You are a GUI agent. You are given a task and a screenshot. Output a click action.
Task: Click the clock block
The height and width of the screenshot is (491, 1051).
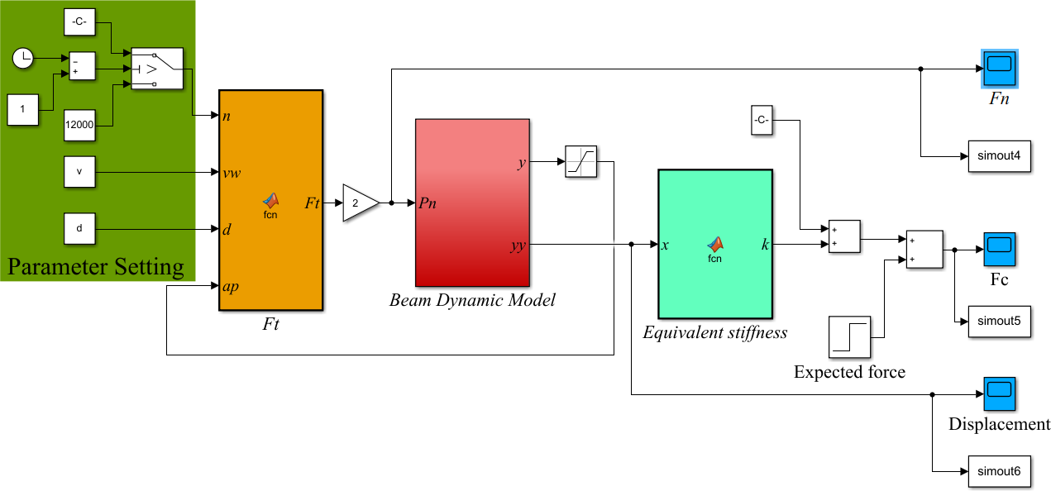24,58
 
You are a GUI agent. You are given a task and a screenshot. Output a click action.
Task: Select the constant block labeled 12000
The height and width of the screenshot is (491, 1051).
79,124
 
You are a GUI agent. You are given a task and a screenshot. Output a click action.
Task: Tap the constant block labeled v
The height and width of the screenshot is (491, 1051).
79,172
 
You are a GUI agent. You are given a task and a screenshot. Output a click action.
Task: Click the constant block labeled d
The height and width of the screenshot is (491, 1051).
79,228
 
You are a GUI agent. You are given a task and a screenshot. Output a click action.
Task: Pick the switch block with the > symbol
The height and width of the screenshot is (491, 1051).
156,68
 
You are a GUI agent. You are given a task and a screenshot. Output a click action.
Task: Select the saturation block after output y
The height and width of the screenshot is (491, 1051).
581,162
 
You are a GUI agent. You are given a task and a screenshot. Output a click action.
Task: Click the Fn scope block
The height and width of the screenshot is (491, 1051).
1000,69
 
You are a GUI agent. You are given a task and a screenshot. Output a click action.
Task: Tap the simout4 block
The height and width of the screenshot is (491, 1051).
1000,155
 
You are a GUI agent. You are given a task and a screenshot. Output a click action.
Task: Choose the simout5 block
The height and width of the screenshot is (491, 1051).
1000,321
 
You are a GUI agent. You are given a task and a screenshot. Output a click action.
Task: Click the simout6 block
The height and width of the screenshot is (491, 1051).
1000,471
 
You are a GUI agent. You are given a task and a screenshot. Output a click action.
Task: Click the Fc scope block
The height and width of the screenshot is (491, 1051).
999,249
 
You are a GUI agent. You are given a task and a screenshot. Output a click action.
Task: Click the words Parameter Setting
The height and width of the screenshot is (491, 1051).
96,267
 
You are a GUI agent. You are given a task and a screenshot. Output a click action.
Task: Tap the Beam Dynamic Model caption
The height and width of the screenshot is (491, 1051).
472,300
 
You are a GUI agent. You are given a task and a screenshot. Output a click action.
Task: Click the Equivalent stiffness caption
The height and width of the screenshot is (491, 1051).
714,332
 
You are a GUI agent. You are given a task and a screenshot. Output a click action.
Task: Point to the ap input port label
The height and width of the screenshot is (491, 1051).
232,287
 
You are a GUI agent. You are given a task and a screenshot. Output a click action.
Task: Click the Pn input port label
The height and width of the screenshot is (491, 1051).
428,203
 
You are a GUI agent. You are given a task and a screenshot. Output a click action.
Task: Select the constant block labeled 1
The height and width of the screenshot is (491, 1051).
23,109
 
